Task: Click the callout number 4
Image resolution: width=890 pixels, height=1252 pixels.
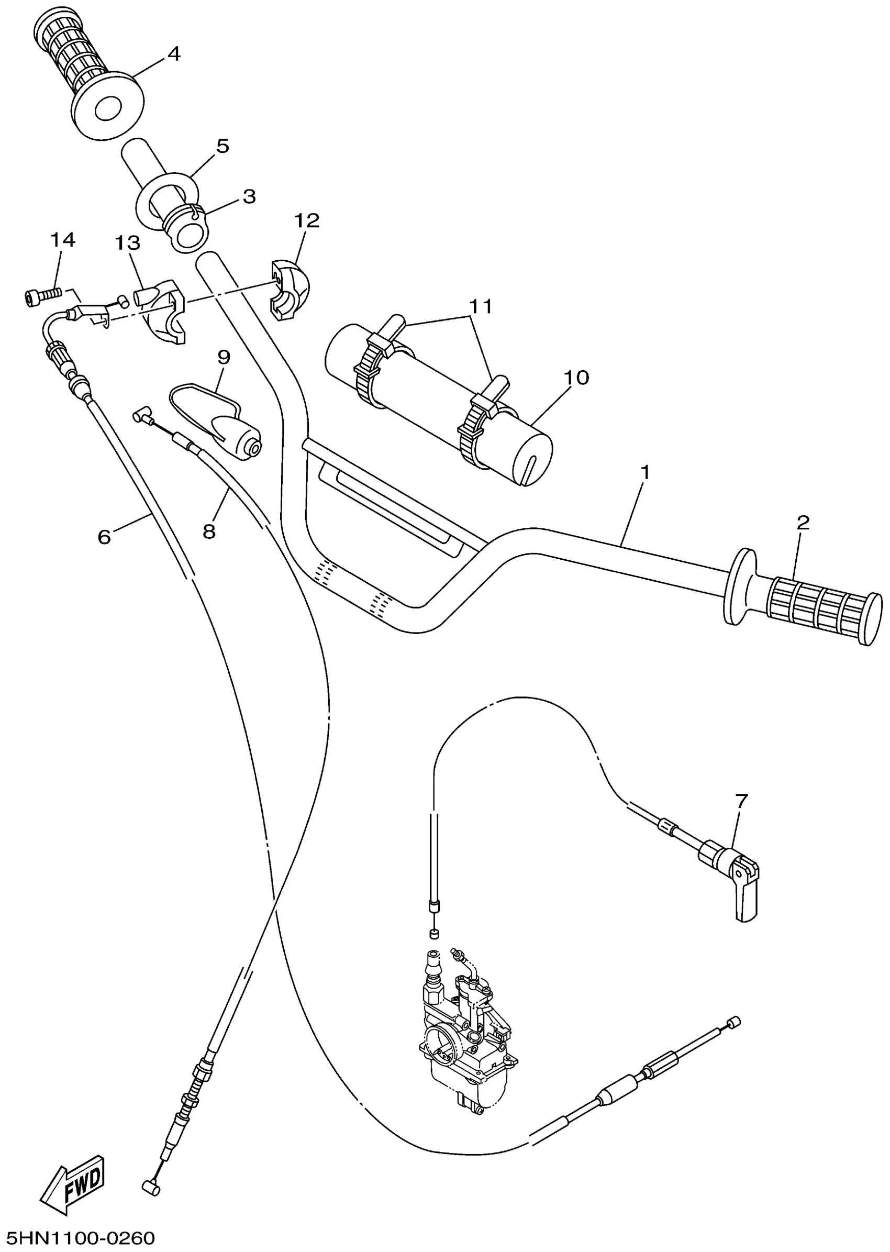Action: (x=174, y=54)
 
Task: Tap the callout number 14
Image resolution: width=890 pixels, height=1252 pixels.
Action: (x=63, y=240)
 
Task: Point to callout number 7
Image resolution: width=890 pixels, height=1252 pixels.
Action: (x=741, y=801)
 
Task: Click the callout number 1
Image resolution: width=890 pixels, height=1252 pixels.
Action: (x=645, y=472)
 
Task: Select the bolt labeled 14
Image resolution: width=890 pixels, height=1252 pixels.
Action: (x=41, y=296)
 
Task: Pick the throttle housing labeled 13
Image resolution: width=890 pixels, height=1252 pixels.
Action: (x=162, y=315)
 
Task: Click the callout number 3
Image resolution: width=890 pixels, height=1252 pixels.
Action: (x=249, y=197)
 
